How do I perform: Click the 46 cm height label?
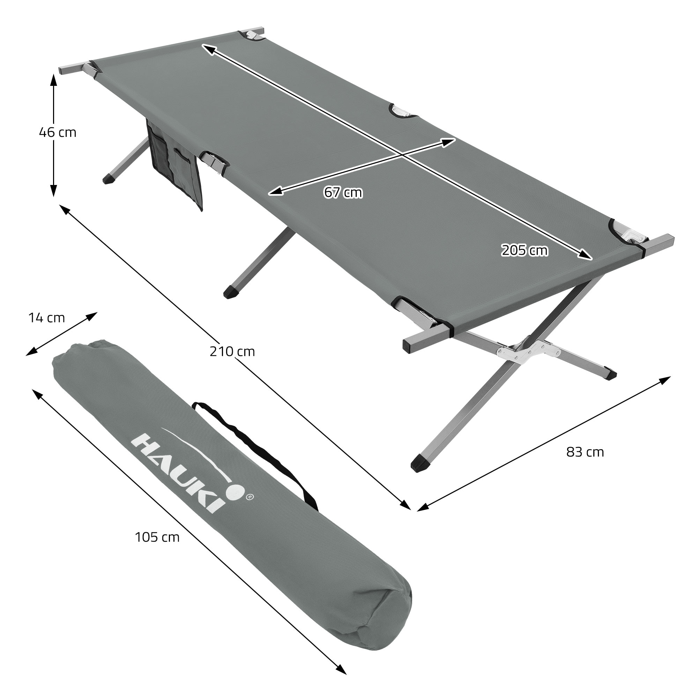point(58,133)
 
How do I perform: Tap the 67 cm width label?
point(343,193)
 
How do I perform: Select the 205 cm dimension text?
point(525,250)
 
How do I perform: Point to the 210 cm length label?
point(232,351)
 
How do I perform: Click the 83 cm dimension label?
point(585,452)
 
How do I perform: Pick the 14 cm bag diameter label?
point(47,318)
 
